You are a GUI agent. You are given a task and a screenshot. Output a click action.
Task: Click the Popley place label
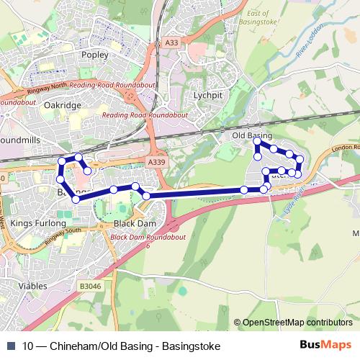(x=95, y=55)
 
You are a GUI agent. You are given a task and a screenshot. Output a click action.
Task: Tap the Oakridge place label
(x=63, y=105)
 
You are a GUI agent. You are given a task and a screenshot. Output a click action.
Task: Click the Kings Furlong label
(x=38, y=223)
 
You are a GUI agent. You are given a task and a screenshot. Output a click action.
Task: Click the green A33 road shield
(x=171, y=43)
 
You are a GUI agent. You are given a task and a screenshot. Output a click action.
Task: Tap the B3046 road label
(x=91, y=286)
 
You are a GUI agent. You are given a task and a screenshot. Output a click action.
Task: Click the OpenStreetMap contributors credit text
(x=297, y=323)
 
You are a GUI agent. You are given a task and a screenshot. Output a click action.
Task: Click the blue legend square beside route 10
(x=11, y=346)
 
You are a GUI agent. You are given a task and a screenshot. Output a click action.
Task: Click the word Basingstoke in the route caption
(x=191, y=346)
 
